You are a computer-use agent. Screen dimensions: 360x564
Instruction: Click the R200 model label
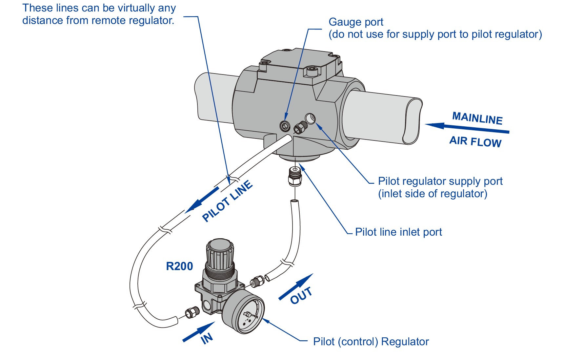(179, 266)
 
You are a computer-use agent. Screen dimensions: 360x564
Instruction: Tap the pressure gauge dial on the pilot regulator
(244, 312)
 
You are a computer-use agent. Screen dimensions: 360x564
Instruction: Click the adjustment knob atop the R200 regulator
(220, 253)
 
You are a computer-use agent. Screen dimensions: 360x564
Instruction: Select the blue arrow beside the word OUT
(295, 286)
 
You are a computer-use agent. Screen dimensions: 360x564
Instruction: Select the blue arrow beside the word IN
(198, 332)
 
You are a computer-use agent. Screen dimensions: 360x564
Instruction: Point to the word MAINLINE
(477, 118)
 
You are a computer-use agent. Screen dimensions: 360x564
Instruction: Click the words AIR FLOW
(475, 142)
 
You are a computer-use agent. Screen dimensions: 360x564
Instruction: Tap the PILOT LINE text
(227, 201)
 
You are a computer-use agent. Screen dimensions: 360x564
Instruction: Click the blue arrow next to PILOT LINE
(202, 200)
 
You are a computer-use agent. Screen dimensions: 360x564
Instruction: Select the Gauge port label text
(356, 22)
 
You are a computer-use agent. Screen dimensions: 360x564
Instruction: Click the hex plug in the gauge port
(285, 126)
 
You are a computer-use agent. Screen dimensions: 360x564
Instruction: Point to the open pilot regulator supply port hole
(310, 118)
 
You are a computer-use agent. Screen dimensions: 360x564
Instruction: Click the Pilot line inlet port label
(398, 232)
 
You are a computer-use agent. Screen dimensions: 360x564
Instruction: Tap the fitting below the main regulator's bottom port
(295, 177)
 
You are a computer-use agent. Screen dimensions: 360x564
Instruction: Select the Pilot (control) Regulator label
(371, 342)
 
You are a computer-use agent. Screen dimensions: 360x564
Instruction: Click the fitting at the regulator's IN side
(192, 312)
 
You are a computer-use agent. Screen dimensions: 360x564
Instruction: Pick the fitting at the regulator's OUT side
(257, 282)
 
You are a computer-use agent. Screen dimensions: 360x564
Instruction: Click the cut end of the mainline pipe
(412, 121)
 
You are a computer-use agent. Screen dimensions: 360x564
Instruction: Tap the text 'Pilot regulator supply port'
(440, 181)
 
